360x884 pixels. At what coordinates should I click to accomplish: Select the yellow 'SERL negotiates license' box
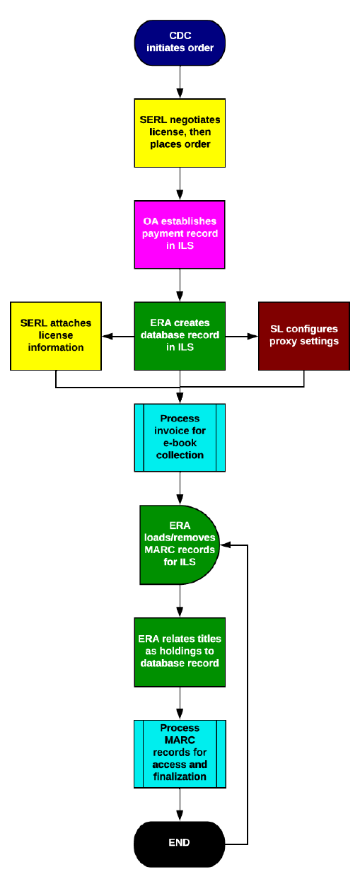point(180,133)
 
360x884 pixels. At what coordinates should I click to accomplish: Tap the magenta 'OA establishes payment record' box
point(180,234)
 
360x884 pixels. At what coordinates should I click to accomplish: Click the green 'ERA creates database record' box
point(180,336)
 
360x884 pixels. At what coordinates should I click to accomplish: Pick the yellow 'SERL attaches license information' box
point(56,336)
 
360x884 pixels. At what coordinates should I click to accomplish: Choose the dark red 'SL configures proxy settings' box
point(304,336)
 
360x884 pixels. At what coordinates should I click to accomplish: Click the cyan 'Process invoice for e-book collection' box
point(180,437)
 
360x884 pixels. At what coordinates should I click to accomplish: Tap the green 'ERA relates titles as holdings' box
point(180,651)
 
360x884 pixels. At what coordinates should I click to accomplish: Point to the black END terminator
point(180,843)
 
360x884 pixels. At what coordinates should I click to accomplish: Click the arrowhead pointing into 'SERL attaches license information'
point(106,337)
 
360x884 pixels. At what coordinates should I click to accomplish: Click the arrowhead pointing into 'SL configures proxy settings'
point(254,337)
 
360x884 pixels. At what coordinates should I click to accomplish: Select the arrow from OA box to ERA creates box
point(180,285)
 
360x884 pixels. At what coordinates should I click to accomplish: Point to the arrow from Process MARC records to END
point(180,805)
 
